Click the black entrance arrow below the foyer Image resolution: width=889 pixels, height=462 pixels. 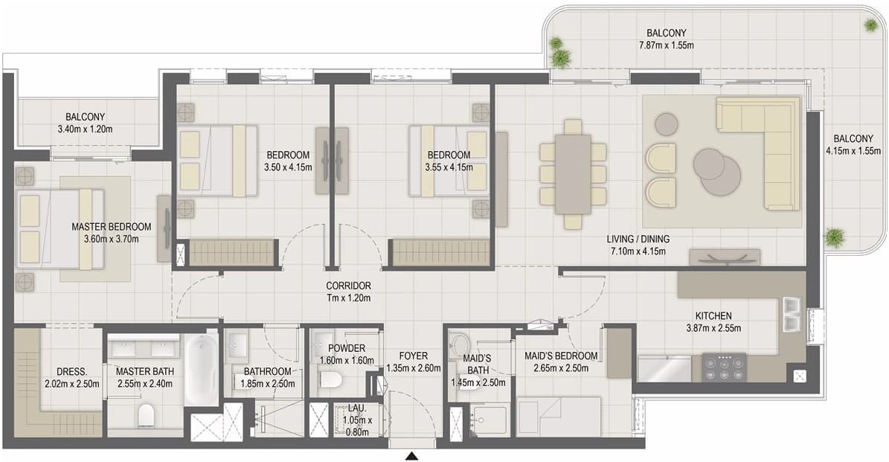[x=412, y=456]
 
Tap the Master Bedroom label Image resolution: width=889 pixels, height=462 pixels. [x=111, y=227]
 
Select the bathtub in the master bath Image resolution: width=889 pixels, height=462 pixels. [x=202, y=368]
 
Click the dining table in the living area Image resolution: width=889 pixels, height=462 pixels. [x=573, y=174]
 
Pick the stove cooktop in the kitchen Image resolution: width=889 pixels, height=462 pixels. [x=725, y=368]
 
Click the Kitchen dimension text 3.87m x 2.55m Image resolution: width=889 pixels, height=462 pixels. [x=713, y=328]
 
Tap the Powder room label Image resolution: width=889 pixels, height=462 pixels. [x=347, y=348]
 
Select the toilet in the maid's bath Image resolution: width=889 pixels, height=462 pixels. [x=459, y=344]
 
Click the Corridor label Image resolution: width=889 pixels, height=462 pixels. [x=348, y=286]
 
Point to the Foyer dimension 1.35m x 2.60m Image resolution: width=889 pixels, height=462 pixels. [x=414, y=368]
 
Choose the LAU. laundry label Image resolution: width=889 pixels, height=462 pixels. [x=357, y=408]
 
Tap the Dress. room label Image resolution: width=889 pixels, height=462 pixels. [x=72, y=372]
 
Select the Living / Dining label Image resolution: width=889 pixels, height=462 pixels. [x=638, y=240]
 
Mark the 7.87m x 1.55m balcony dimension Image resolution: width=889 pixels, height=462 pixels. [x=666, y=45]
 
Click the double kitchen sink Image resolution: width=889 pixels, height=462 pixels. [x=792, y=314]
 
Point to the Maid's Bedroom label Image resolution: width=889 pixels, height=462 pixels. [x=561, y=356]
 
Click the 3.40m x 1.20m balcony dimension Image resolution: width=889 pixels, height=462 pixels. [x=85, y=129]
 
